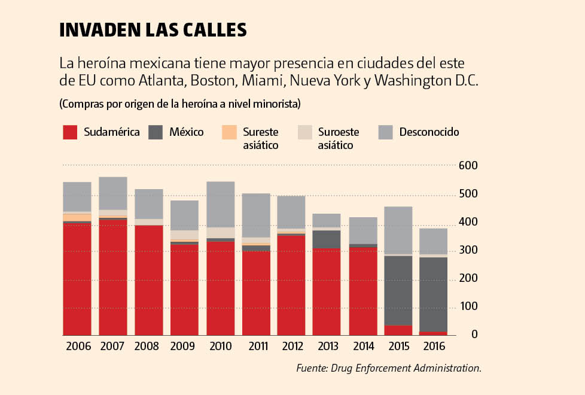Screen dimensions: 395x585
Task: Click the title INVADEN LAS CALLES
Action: tap(153, 31)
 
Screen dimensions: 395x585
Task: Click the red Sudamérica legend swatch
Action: tap(71, 132)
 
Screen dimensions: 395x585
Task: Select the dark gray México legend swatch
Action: tap(156, 132)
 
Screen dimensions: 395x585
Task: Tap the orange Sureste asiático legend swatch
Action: tap(228, 132)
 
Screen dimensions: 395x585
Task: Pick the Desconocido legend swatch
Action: tap(386, 132)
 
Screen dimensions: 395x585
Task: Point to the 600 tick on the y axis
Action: tap(467, 166)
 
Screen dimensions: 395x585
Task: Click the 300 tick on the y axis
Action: tap(467, 250)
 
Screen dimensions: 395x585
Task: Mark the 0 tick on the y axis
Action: tap(474, 335)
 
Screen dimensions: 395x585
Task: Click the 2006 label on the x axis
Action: tap(77, 347)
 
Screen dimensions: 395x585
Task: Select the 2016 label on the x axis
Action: tap(433, 347)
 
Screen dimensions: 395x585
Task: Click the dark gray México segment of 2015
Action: tap(398, 290)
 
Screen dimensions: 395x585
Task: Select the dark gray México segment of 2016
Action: tap(433, 294)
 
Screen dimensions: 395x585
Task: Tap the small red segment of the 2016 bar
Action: tap(433, 333)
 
